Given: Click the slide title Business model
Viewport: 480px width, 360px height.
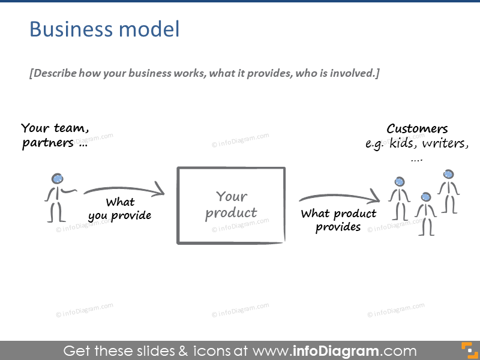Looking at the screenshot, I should pyautogui.click(x=104, y=29).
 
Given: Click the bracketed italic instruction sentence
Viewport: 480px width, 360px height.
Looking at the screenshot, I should pyautogui.click(x=204, y=74).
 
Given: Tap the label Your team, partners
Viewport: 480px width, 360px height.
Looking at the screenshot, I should pyautogui.click(x=55, y=136).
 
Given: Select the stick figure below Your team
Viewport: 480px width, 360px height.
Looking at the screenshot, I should pyautogui.click(x=56, y=197).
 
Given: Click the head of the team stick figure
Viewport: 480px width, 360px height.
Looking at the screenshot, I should pyautogui.click(x=58, y=178).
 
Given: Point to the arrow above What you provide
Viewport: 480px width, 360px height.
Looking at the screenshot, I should pyautogui.click(x=124, y=191).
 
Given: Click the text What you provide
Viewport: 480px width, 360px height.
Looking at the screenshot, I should pyautogui.click(x=120, y=209).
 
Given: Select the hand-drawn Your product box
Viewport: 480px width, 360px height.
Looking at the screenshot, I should pyautogui.click(x=231, y=205).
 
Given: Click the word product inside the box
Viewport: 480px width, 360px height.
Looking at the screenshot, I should pyautogui.click(x=231, y=213).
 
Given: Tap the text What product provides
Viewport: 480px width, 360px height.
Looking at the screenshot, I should pyautogui.click(x=338, y=220).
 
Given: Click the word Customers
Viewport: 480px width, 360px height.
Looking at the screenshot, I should pyautogui.click(x=417, y=128).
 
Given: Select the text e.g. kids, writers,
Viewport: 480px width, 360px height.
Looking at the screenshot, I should pyautogui.click(x=417, y=144).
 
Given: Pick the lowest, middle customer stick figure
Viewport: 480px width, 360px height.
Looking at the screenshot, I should pyautogui.click(x=426, y=214).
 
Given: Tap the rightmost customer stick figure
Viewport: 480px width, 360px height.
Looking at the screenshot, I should pyautogui.click(x=448, y=191).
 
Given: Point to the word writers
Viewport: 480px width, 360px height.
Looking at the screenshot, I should pyautogui.click(x=445, y=144).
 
